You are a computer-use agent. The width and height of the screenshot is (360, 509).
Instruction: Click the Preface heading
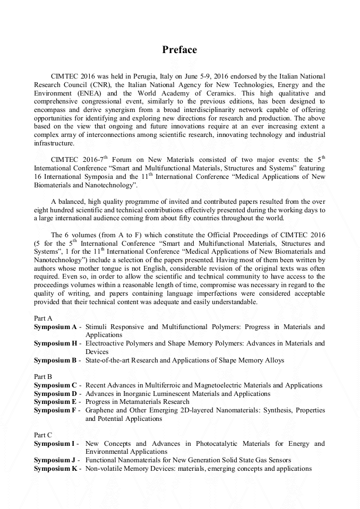coord(179,50)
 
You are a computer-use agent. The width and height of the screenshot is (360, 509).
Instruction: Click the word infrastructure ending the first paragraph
coord(54,143)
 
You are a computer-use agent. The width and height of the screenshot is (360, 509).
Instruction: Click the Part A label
coord(43,318)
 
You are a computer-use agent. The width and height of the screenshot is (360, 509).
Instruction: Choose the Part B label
coord(43,377)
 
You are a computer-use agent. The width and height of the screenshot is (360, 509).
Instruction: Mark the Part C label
coord(43,435)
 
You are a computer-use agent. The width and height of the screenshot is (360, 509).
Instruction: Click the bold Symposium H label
coord(56,343)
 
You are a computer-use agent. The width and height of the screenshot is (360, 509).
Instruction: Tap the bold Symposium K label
coord(56,469)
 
